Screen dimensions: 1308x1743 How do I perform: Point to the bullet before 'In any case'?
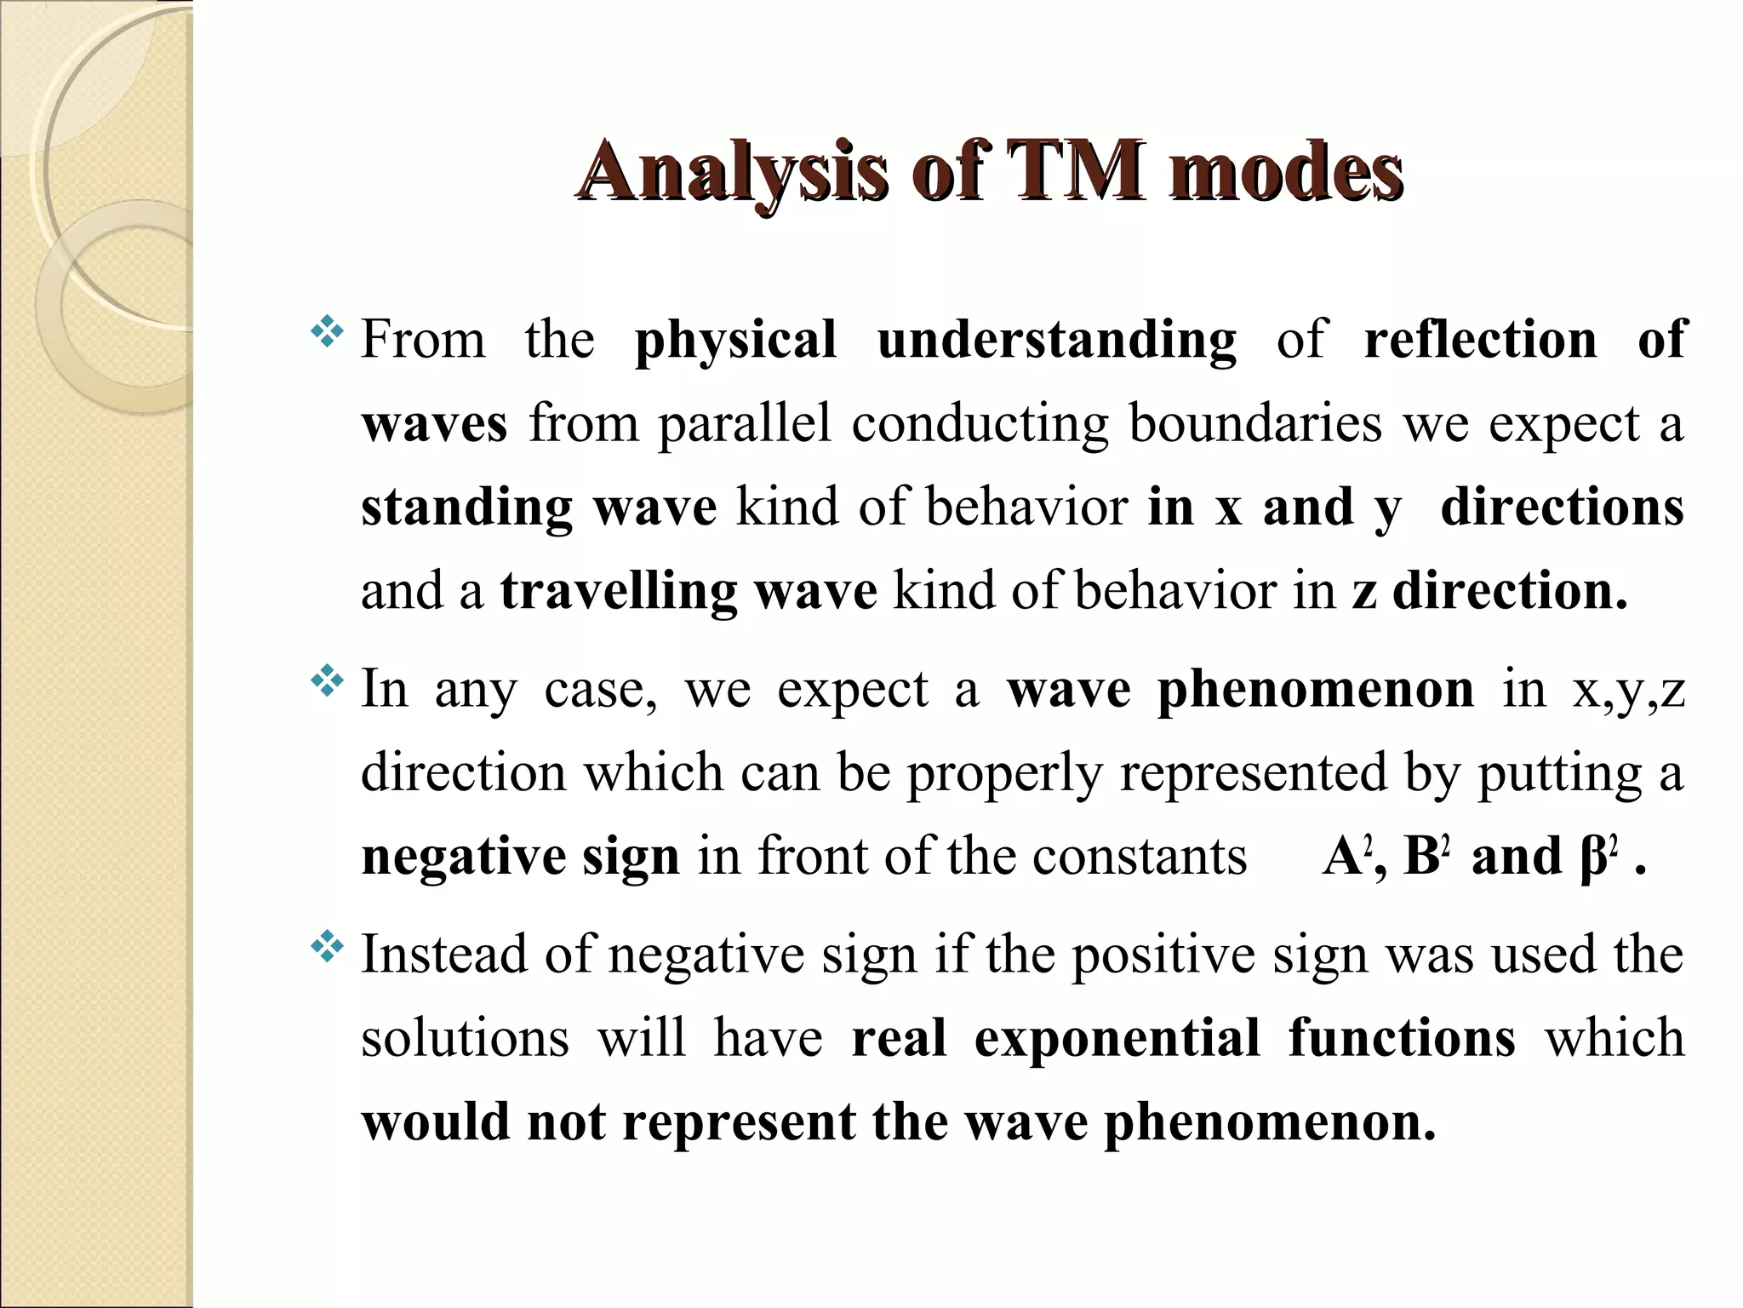[327, 681]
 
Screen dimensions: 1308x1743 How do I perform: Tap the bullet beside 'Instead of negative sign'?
[327, 946]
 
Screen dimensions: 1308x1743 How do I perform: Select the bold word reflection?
[1480, 339]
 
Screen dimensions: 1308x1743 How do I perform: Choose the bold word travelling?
[618, 591]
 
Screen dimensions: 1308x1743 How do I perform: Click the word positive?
[1163, 955]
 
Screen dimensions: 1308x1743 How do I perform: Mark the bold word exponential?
[1117, 1038]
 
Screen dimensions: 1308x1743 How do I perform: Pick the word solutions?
[465, 1038]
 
